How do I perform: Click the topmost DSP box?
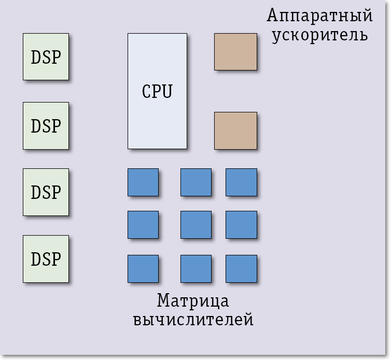tap(46, 57)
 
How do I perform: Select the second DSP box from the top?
tap(46, 126)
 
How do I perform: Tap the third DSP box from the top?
tap(46, 192)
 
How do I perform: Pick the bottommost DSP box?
tap(46, 258)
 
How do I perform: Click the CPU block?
tap(157, 91)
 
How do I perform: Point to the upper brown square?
tap(235, 52)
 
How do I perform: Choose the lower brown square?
tap(235, 131)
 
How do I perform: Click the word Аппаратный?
tap(320, 16)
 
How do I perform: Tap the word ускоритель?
tap(320, 35)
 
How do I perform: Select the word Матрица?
tap(193, 300)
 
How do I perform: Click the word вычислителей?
tap(193, 320)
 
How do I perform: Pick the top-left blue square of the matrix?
tap(143, 182)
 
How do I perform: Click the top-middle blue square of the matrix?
tap(196, 182)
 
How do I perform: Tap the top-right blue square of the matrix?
tap(241, 182)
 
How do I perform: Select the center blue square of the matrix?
tap(196, 225)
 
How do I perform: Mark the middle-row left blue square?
tap(143, 225)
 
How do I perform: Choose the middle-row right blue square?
tap(241, 225)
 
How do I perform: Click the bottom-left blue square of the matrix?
tap(143, 269)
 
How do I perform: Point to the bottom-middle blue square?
tap(196, 269)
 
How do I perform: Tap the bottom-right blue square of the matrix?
tap(241, 269)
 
